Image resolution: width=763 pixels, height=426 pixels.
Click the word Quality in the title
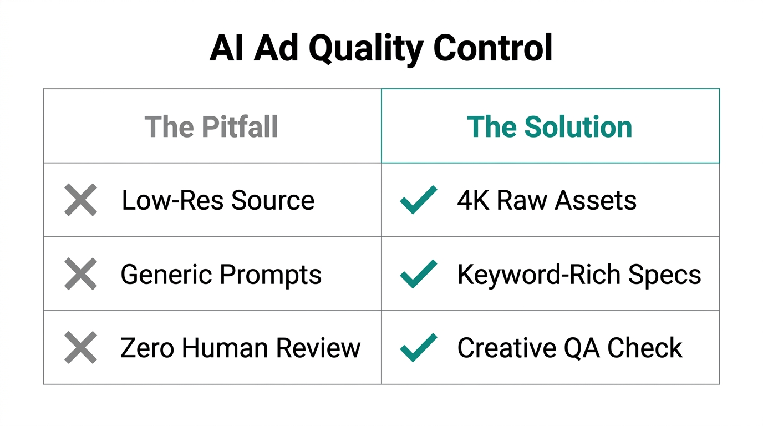click(x=366, y=49)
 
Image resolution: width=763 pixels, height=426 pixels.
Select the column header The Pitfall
click(x=211, y=127)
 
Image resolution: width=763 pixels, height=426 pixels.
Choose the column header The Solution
click(x=550, y=127)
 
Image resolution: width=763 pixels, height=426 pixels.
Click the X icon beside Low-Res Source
click(x=81, y=200)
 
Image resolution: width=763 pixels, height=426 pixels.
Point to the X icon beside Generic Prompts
click(x=81, y=274)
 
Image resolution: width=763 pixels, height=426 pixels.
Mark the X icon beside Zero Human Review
click(x=81, y=348)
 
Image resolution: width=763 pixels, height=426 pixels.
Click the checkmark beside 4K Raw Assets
click(x=418, y=200)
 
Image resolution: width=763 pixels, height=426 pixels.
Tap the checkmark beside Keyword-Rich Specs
click(x=418, y=274)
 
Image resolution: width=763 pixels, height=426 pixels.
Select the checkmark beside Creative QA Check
click(x=418, y=348)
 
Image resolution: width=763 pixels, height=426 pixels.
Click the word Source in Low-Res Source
click(x=273, y=200)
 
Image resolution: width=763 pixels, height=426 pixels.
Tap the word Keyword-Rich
click(x=541, y=275)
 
